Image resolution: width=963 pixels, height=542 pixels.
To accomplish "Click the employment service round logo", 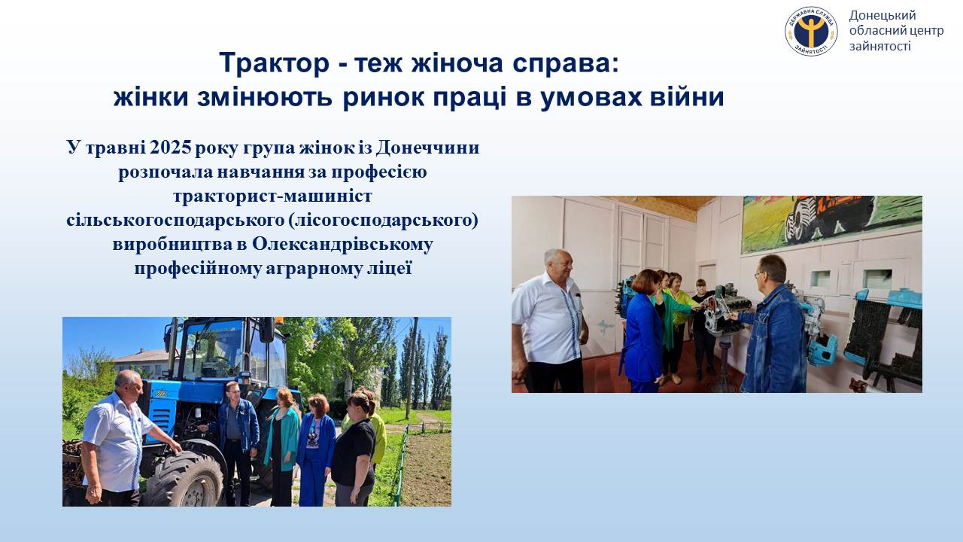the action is click(811, 31).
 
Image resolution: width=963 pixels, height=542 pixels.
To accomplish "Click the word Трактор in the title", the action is click(275, 63).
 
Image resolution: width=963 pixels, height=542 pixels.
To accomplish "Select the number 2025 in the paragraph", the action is click(171, 148).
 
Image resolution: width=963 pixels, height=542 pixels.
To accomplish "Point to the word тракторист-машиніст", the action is click(272, 196).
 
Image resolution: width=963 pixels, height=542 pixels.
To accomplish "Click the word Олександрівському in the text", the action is click(342, 245).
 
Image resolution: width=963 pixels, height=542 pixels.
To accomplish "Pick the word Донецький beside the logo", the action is click(882, 16).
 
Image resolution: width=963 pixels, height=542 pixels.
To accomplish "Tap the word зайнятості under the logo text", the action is click(880, 46).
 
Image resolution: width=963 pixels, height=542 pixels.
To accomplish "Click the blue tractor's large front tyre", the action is click(184, 478).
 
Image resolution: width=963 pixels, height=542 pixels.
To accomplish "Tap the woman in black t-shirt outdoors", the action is click(354, 449).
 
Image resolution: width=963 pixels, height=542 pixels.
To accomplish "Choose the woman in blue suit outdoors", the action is click(316, 450).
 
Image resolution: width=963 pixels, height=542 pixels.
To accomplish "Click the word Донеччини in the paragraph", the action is click(427, 148).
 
